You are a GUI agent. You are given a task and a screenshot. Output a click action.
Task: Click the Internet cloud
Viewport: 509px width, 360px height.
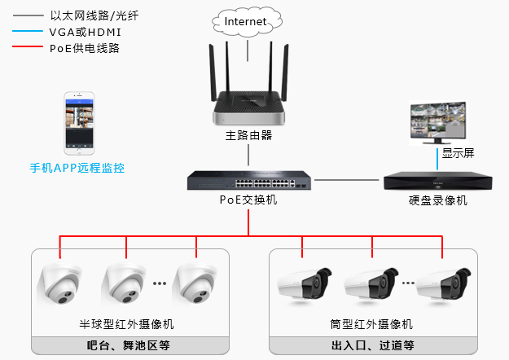pyautogui.click(x=246, y=21)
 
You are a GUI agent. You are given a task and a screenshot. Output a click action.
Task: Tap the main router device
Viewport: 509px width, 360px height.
pyautogui.click(x=248, y=106)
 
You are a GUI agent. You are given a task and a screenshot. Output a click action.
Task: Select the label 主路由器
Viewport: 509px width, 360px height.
pyautogui.click(x=248, y=135)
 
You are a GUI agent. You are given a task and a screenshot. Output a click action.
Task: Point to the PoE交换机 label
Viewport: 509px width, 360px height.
pyautogui.click(x=248, y=200)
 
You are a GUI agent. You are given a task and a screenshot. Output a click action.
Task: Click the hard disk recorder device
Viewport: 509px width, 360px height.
pyautogui.click(x=438, y=180)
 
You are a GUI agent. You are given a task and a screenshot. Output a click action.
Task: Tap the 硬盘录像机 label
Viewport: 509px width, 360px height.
pyautogui.click(x=438, y=200)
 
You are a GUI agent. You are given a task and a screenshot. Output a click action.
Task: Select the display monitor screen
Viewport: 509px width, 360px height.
pyautogui.click(x=438, y=119)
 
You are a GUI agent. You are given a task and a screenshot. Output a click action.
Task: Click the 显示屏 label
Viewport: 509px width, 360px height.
pyautogui.click(x=457, y=152)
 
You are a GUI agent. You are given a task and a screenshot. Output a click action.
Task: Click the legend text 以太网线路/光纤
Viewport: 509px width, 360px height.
pyautogui.click(x=90, y=15)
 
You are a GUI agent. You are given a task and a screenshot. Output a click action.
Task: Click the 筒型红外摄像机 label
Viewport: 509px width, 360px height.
pyautogui.click(x=373, y=324)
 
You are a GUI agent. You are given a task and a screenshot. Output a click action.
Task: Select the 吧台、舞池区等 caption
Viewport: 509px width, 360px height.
pyautogui.click(x=129, y=345)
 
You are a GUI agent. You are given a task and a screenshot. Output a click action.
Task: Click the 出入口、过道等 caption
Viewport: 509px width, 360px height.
pyautogui.click(x=373, y=345)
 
